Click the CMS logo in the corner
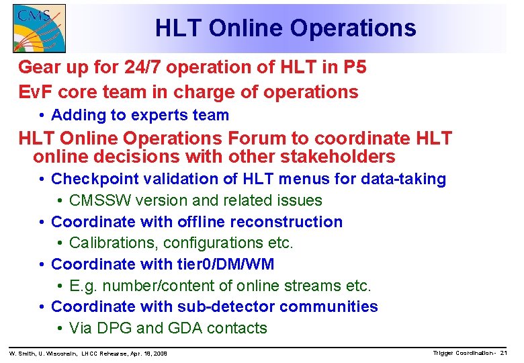(x=39, y=28)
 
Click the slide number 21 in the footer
(x=503, y=353)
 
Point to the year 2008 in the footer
(x=159, y=354)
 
